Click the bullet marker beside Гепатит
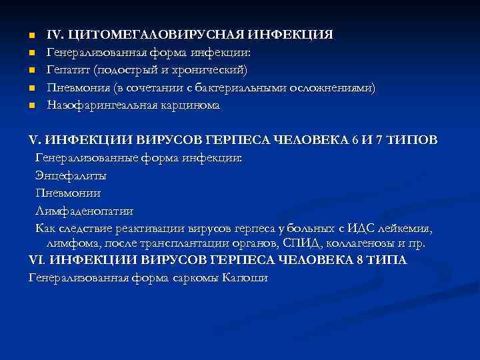coord(31,70)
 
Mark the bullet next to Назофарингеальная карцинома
coord(31,106)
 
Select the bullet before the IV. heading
coord(31,34)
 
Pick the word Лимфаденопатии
coord(84,211)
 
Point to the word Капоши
coord(245,277)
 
